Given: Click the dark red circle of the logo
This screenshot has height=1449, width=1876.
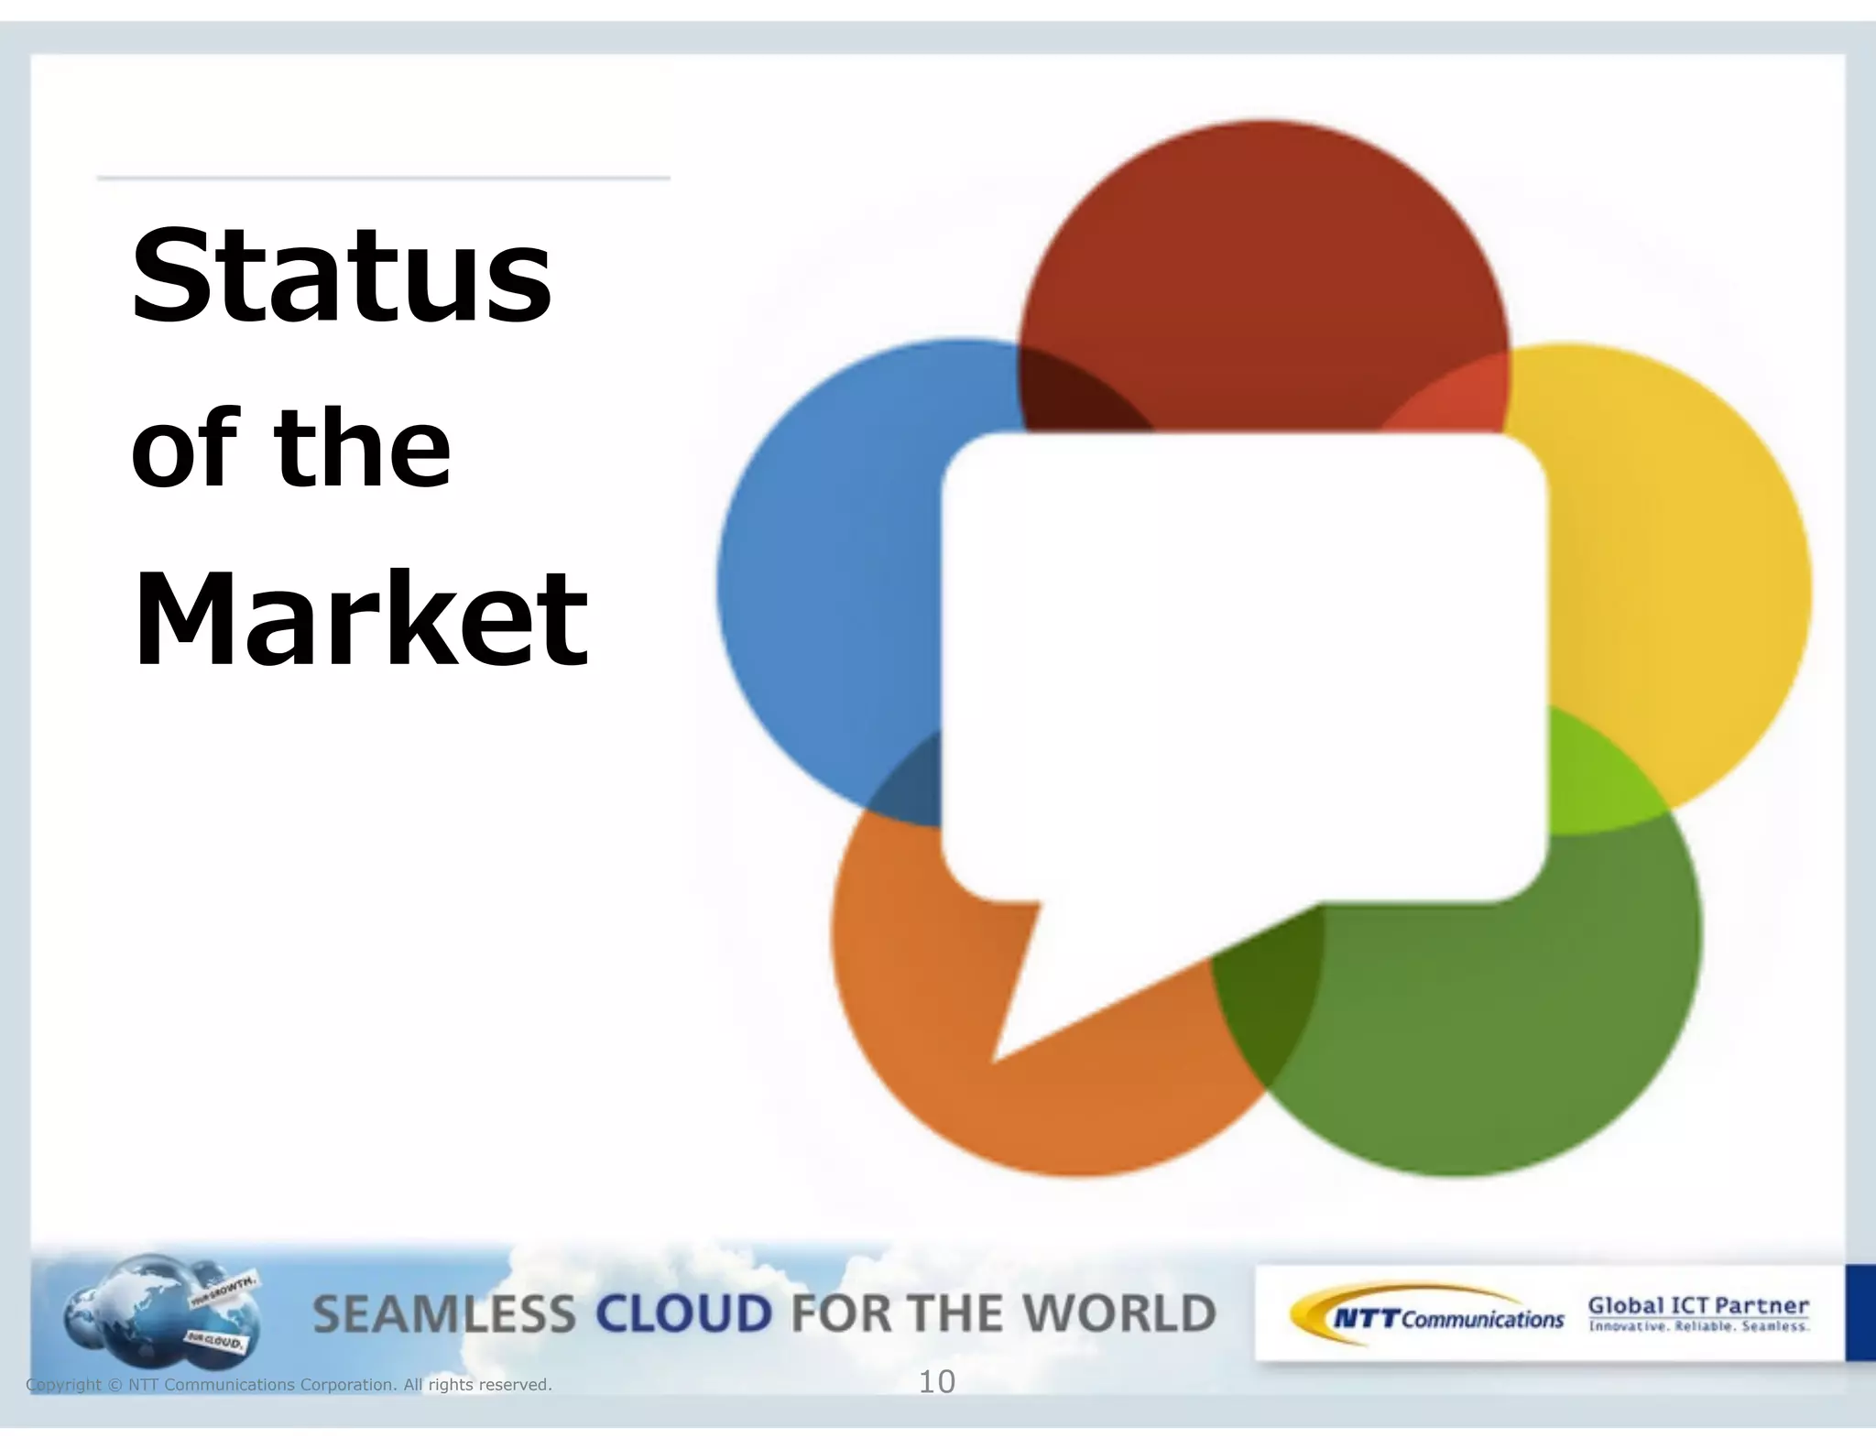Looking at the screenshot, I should coord(1263,275).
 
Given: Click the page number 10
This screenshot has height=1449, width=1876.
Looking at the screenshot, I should coord(936,1382).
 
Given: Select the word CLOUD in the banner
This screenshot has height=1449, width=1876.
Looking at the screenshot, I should coord(683,1314).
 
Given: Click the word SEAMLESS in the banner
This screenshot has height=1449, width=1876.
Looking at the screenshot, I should coord(444,1314).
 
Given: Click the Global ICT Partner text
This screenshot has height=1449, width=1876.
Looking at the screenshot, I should coord(1698,1306).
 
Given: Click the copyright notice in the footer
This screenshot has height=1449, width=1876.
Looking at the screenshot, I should coord(289,1385).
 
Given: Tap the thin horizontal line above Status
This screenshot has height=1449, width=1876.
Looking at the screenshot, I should coord(383,178).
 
